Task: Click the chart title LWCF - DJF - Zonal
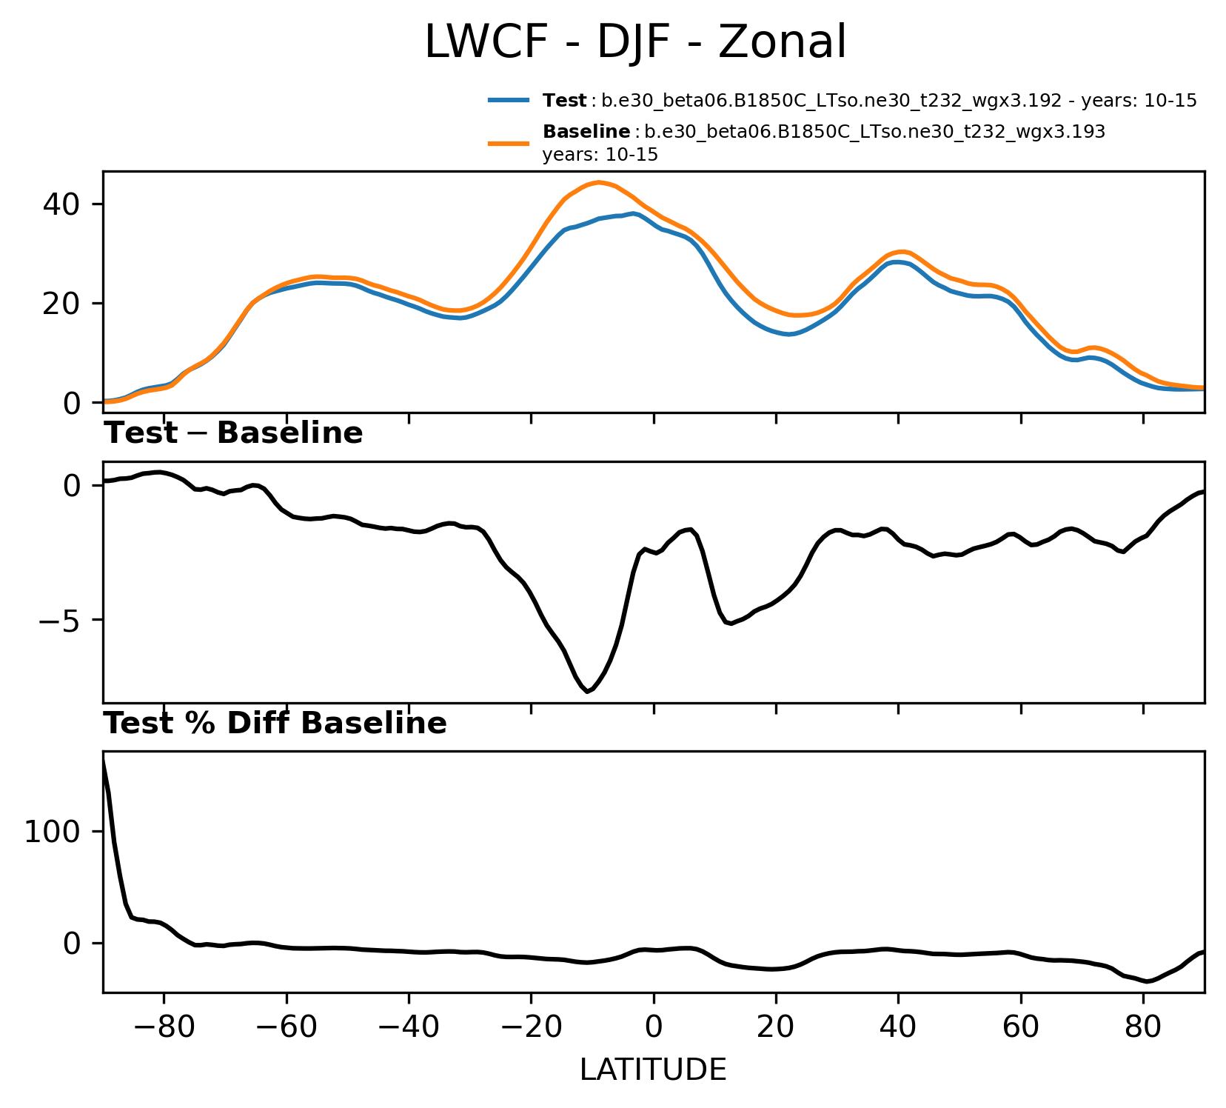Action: pos(635,42)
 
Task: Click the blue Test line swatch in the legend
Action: pos(509,100)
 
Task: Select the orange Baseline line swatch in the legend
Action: pos(509,143)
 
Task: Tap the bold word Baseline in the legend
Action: pos(586,132)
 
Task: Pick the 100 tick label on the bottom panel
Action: pos(52,832)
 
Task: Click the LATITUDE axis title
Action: pos(653,1070)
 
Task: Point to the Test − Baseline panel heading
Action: pos(233,434)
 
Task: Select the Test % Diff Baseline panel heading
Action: pos(275,724)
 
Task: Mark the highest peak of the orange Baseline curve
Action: pos(598,182)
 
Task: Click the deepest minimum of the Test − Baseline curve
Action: pos(587,692)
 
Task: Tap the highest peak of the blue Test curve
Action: pos(634,213)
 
